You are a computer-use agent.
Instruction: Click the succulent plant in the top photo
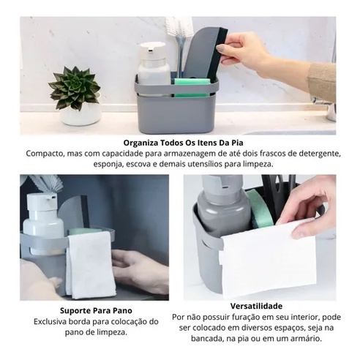[x=75, y=87]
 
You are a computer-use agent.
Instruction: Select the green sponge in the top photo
[x=192, y=87]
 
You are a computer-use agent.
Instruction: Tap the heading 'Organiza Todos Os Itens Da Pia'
[x=183, y=143]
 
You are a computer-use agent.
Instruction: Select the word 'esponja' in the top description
[x=106, y=164]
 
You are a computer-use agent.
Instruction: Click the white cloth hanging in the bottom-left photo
[x=91, y=265]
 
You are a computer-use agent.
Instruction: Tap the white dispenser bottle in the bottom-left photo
[x=42, y=224]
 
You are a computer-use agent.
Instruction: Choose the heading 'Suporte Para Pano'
[x=96, y=311]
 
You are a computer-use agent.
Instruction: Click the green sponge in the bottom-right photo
[x=260, y=209]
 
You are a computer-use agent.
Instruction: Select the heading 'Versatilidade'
[x=256, y=306]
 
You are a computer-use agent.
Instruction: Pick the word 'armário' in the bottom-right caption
[x=308, y=339]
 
